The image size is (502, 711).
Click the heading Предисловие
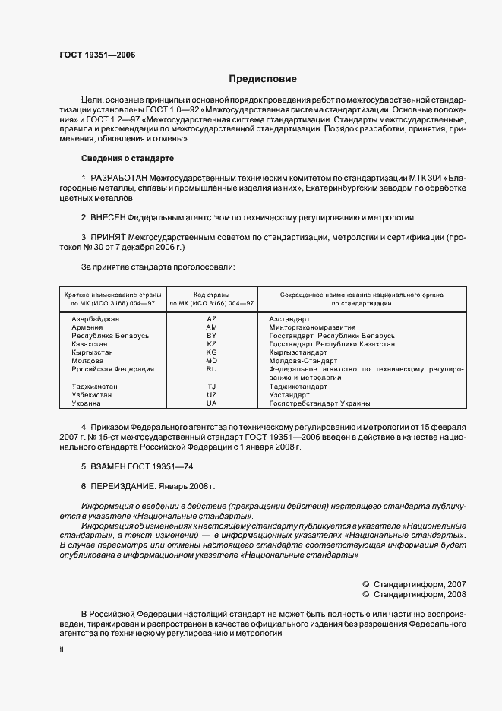(263, 79)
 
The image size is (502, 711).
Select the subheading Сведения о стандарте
(128, 158)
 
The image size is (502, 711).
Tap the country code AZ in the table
(212, 318)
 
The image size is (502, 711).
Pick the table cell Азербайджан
(96, 318)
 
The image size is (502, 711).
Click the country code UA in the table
(212, 403)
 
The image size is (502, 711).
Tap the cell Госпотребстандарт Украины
(320, 403)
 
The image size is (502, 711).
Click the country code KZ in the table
(212, 344)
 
